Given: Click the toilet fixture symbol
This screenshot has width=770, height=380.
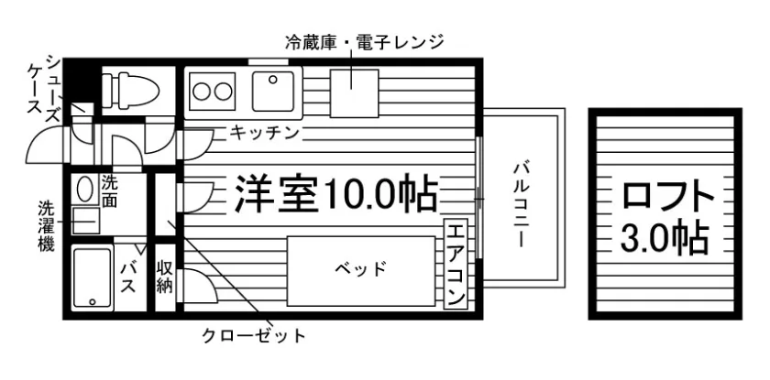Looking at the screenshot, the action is tap(128, 89).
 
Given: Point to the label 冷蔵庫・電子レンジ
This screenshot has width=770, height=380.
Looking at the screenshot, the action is tap(364, 41).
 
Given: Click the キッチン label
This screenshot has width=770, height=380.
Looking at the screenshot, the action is tap(265, 134).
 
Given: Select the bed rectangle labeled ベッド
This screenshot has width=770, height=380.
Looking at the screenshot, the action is tap(358, 269).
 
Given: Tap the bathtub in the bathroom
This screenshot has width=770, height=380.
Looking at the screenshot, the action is tap(90, 278).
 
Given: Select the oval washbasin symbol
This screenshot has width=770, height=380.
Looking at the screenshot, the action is tap(85, 190).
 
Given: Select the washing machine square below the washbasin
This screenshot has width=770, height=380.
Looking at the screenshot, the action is tap(85, 221).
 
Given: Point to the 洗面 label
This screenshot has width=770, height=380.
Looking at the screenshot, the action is tap(110, 190).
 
